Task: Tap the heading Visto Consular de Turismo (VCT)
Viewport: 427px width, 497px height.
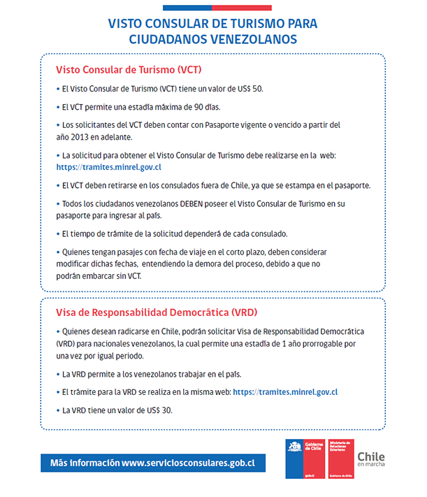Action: tap(129, 70)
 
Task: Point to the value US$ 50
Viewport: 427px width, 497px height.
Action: tap(249, 89)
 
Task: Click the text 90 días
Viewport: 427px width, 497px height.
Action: tap(201, 108)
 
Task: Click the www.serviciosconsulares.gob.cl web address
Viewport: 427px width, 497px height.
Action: tap(187, 463)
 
